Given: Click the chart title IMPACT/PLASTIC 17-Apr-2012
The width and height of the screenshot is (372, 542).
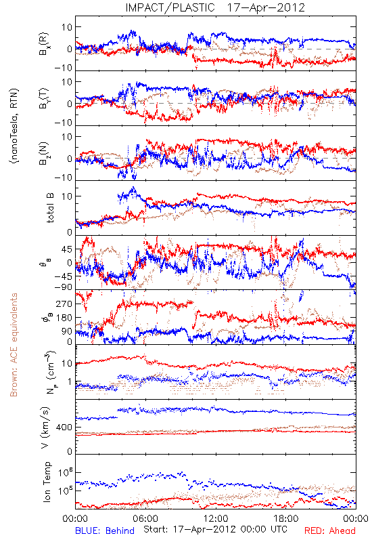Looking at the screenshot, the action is pos(215,7).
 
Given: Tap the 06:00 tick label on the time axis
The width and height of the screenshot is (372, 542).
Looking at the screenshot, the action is pos(145,518).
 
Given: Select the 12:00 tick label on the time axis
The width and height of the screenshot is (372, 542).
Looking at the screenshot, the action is pos(216,518).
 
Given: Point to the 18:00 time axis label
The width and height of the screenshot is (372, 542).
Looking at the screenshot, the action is pos(286,518).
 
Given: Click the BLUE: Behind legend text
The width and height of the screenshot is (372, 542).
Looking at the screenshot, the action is pos(105,530).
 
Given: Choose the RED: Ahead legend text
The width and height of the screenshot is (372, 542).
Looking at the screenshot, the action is pos(329,530).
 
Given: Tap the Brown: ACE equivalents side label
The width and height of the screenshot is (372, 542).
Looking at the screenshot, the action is pos(14,345).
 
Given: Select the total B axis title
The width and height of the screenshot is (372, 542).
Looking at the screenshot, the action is pos(50,208).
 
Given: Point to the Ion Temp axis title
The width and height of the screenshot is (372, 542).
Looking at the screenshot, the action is pos(47,482).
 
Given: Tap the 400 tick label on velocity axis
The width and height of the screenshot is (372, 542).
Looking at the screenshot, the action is pos(64,428).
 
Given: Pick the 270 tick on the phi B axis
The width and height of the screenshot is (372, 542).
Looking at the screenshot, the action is pos(64,304).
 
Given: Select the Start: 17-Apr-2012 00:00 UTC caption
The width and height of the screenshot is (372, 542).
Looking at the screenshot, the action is pos(215,529).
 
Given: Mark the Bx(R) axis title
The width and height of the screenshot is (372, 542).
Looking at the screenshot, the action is pos(44,44).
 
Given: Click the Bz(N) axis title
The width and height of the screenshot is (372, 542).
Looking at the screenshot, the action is pos(44,153).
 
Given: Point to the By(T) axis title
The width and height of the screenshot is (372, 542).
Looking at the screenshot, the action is pos(44,98).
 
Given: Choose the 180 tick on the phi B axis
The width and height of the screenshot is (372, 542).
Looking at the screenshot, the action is pos(64,318).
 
